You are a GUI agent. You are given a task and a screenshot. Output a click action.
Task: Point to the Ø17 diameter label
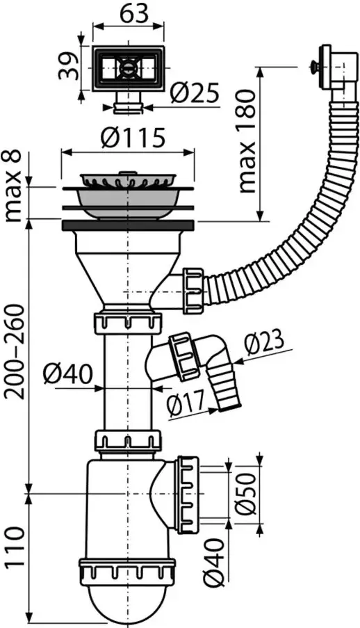click(186, 403)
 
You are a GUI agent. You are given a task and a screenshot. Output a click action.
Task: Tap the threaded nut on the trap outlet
click(188, 494)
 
